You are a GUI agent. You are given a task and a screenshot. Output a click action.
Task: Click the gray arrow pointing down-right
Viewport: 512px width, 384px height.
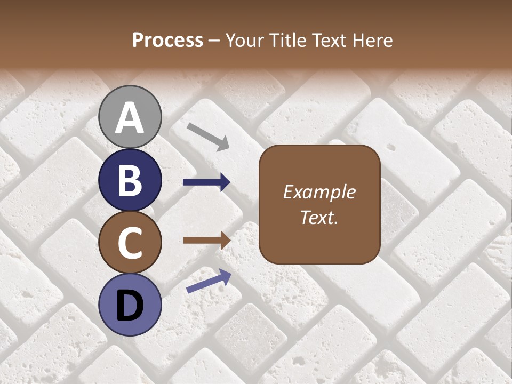click(x=209, y=136)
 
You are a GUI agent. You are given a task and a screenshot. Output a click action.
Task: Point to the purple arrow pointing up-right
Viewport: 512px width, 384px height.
click(x=209, y=281)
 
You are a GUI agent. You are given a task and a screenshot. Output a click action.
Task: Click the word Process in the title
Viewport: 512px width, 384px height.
click(x=167, y=40)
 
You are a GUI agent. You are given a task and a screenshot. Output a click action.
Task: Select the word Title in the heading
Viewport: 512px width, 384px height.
click(x=287, y=40)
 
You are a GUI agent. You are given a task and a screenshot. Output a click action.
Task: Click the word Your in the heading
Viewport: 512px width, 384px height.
click(x=246, y=40)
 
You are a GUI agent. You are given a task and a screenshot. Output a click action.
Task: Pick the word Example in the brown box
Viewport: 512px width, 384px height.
click(x=319, y=192)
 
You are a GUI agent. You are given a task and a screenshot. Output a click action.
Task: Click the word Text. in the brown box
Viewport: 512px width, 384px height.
click(x=319, y=217)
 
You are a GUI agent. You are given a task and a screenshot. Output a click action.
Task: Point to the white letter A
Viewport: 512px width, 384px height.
click(x=130, y=118)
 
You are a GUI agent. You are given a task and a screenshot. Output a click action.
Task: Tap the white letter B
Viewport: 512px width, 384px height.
click(x=130, y=180)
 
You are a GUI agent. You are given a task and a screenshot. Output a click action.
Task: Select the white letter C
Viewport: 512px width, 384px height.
click(x=130, y=243)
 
